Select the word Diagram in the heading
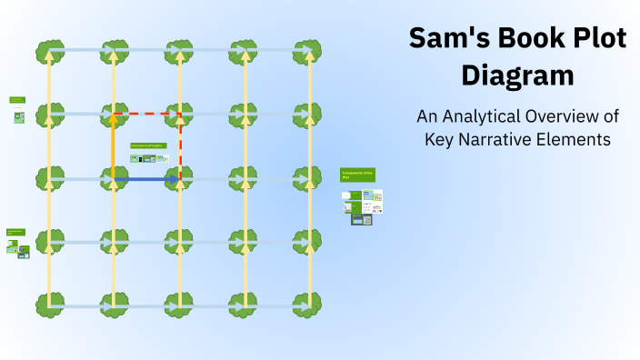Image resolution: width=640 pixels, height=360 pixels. [x=517, y=75]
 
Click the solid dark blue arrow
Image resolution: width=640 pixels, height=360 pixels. [x=145, y=180]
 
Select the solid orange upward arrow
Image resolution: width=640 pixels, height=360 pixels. [x=114, y=145]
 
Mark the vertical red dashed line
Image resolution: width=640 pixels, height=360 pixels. [x=180, y=145]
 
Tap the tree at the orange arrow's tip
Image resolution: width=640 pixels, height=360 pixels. [x=114, y=113]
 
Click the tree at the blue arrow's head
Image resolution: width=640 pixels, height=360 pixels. [x=180, y=178]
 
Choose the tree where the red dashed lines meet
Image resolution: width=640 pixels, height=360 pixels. [x=180, y=113]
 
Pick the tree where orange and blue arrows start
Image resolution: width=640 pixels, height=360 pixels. [x=114, y=178]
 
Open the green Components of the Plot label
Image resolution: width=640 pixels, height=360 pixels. [x=357, y=175]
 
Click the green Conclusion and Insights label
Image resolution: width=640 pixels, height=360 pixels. [x=148, y=145]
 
